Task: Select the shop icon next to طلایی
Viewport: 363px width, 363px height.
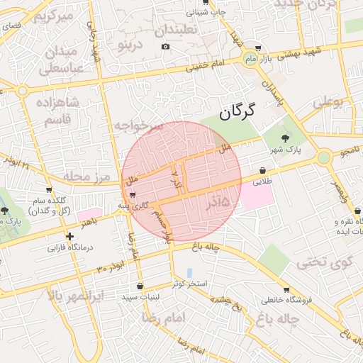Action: [264, 171]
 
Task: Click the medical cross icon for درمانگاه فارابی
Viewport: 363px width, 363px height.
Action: [69, 237]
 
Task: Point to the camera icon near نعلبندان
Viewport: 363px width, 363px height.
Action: [165, 47]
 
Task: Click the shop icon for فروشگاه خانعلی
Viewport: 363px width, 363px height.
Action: [286, 289]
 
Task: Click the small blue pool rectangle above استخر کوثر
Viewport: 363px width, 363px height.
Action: [189, 272]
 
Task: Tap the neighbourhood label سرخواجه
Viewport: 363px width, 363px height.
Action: [138, 125]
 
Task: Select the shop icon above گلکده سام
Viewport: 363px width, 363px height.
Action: [48, 190]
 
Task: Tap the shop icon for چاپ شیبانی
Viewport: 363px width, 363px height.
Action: [206, 4]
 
